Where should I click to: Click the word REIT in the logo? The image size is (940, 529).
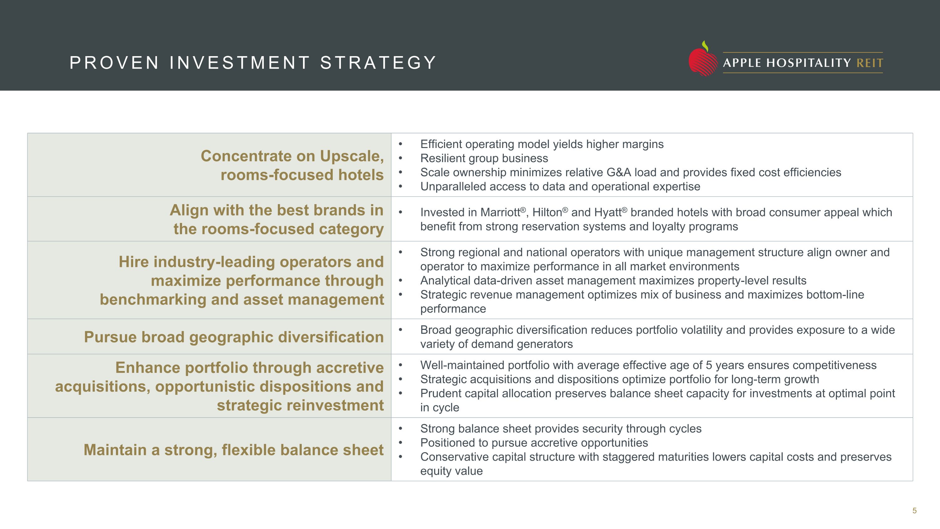[869, 63]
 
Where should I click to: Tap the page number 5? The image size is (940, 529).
[914, 511]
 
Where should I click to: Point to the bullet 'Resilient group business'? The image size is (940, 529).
[484, 158]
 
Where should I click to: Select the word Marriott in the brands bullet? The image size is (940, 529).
[500, 213]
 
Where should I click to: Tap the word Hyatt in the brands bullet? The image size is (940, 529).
[608, 213]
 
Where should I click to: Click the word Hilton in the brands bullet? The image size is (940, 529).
[547, 213]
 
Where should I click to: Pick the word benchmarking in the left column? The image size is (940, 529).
[153, 299]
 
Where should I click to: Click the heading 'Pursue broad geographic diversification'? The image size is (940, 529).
[233, 337]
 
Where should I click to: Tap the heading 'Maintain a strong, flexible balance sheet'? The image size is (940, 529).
[233, 450]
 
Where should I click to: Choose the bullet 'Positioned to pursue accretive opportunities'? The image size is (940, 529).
[534, 443]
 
